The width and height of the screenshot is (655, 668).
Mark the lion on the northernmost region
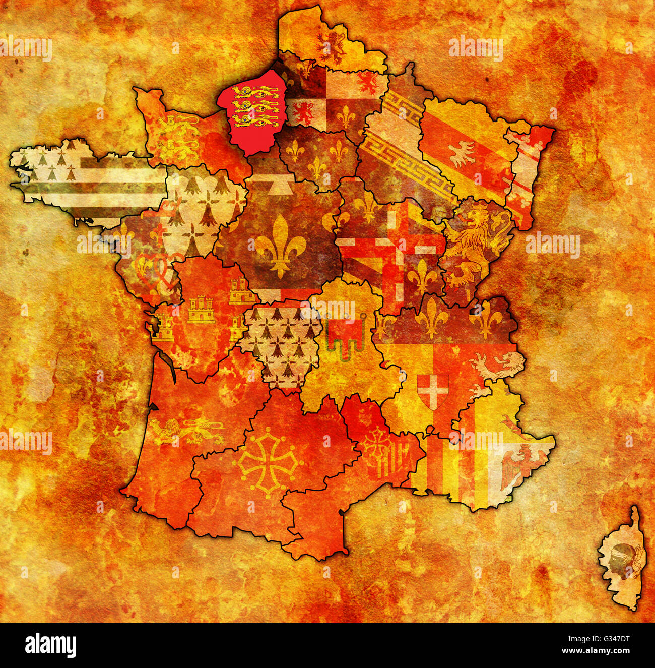click(332, 44)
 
